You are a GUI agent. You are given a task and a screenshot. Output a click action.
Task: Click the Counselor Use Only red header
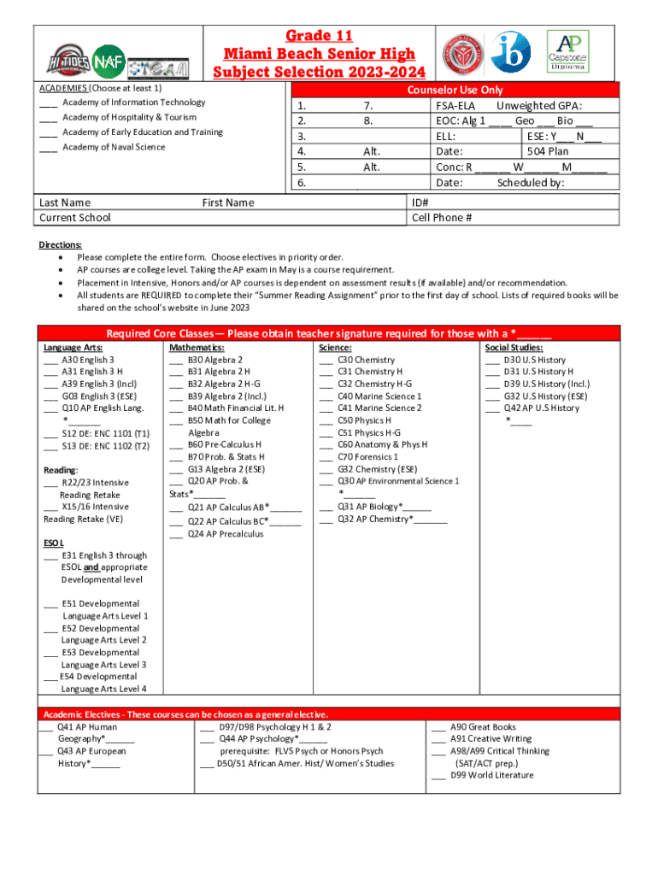pos(455,90)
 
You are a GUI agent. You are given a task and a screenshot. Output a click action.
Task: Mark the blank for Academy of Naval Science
pos(48,148)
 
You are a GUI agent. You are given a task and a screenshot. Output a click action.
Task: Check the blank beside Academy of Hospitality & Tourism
pos(48,118)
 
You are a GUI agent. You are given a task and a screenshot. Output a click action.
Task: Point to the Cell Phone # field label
pos(442,218)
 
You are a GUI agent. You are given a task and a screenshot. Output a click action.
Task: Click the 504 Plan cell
pos(548,151)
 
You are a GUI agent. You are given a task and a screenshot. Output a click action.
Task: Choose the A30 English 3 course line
pos(88,361)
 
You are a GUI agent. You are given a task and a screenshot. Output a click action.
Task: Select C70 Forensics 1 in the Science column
pos(367,457)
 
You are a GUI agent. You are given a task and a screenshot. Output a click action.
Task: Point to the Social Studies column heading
pos(513,349)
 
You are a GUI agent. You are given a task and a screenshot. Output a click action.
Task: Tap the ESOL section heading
pos(53,543)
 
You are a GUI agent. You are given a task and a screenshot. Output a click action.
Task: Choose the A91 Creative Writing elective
pos(491,739)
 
